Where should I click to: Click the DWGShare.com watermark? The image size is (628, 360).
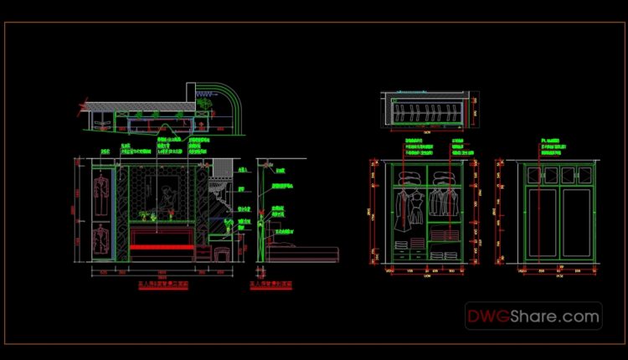(534, 316)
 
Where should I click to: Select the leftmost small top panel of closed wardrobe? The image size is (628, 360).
(530, 174)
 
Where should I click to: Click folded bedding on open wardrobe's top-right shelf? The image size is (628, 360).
(442, 177)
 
